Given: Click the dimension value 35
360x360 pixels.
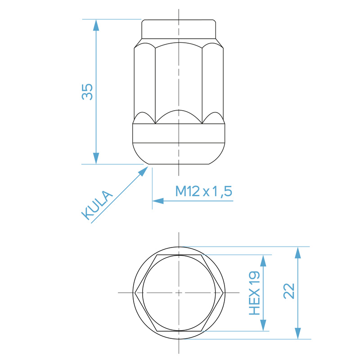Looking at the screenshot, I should [x=87, y=92].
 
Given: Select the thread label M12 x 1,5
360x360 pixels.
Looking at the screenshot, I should [x=203, y=192].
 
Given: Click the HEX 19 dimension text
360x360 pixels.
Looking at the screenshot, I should [x=255, y=293].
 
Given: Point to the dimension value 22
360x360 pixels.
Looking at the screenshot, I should [x=289, y=291].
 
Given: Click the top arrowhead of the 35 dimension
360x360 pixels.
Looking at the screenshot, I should [x=96, y=25].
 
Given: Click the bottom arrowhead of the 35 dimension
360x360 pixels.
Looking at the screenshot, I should [x=96, y=158].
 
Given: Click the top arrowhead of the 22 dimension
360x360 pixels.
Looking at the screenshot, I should [x=297, y=252].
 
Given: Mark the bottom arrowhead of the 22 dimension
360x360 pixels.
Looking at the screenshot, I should [x=297, y=333].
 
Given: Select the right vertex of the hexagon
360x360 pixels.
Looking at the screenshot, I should [x=224, y=293].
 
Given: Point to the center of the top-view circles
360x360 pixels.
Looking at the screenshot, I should [x=179, y=293].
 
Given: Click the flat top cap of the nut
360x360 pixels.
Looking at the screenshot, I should [x=179, y=30].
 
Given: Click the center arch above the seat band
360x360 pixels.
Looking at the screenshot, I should [x=179, y=116].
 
